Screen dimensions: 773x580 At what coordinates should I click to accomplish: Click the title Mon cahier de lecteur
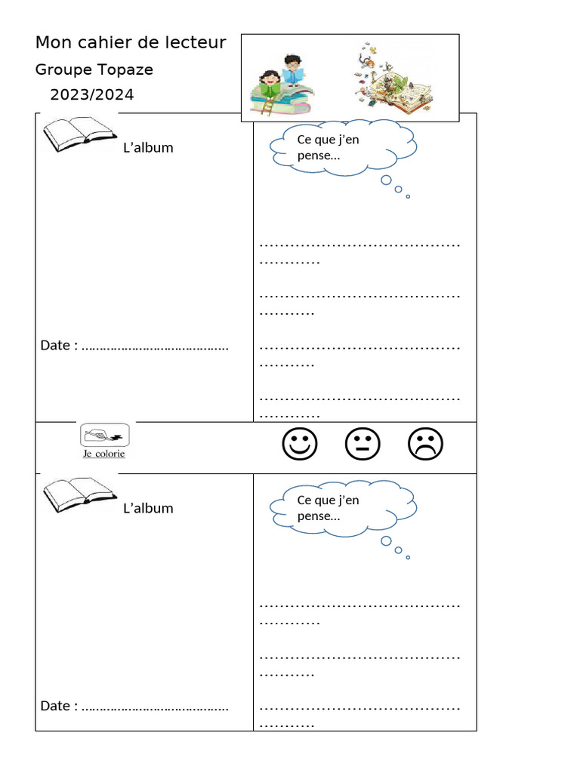pyautogui.click(x=131, y=43)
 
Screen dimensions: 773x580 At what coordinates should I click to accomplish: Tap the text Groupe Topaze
pyautogui.click(x=94, y=69)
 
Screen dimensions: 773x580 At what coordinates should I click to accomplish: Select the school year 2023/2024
pyautogui.click(x=92, y=95)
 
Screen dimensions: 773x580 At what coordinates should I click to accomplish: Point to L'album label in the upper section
pyautogui.click(x=148, y=148)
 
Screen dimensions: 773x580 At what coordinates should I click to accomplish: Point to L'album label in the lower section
pyautogui.click(x=148, y=508)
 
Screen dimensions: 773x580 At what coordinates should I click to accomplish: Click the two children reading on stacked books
pyautogui.click(x=282, y=84)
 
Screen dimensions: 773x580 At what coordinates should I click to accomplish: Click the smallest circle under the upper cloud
pyautogui.click(x=408, y=196)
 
